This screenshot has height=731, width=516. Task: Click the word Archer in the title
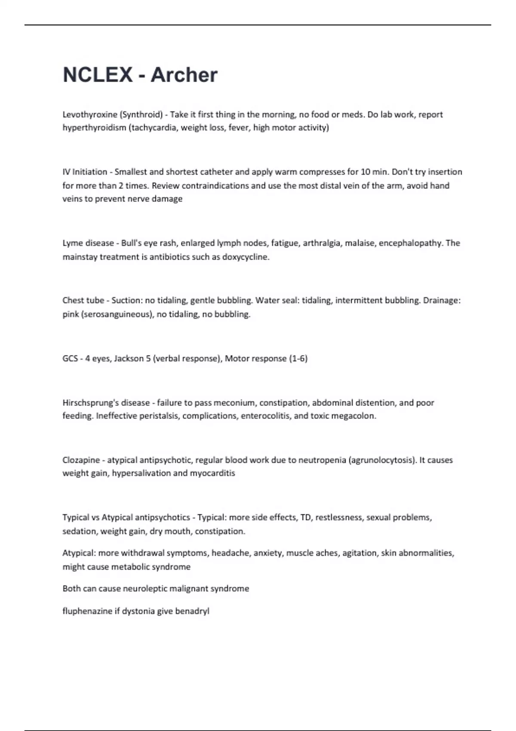[x=184, y=75]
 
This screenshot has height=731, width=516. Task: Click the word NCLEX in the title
[x=98, y=75]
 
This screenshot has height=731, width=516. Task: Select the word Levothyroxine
[x=90, y=114]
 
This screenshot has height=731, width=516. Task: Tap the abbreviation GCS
[x=70, y=359]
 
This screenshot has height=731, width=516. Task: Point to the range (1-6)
[x=298, y=359]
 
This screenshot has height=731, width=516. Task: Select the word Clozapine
[x=81, y=460]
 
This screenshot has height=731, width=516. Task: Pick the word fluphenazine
[x=87, y=611]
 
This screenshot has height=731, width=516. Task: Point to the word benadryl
[x=192, y=611]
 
